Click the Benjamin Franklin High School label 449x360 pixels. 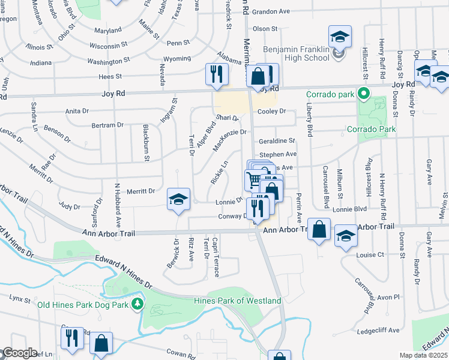point(296,53)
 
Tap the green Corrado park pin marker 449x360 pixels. point(363,94)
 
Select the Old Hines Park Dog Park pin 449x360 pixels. point(139,304)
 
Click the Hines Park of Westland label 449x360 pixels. point(238,300)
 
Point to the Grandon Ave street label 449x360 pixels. point(271,11)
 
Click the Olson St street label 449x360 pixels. point(265,28)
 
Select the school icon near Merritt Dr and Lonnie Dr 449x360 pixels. point(178,200)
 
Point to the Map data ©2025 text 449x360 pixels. point(424,355)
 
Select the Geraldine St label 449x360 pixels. point(277,141)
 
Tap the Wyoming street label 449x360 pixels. point(176,59)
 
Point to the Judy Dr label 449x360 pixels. point(69,206)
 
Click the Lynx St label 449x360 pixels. point(20,298)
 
